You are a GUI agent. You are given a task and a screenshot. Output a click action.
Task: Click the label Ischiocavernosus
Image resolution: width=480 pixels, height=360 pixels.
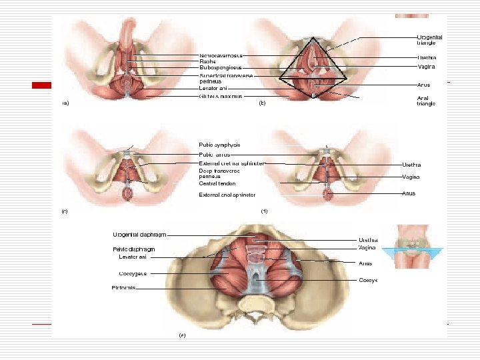pos(221,55)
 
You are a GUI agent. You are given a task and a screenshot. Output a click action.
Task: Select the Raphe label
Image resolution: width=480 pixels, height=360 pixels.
pos(207,61)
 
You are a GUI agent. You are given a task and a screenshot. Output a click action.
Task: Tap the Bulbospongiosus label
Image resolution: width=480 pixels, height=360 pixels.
pos(221,67)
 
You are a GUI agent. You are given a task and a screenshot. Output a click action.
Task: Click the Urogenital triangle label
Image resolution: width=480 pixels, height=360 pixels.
pos(429,40)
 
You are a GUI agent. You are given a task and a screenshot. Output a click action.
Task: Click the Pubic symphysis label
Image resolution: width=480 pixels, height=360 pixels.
pos(219,145)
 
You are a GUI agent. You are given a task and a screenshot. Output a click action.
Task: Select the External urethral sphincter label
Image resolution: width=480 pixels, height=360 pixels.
pos(232,163)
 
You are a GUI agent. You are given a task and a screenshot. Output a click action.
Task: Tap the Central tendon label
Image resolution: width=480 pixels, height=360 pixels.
pos(217,183)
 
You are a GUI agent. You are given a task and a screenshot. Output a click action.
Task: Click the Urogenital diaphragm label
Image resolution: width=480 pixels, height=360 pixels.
pos(139,234)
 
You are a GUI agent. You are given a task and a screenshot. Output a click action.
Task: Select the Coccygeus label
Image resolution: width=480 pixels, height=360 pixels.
pos(133,273)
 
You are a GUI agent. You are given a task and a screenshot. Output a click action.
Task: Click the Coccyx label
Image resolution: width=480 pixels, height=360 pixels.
pos(369,281)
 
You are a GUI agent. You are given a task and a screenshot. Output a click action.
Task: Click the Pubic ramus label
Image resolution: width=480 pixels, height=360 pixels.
pos(214,154)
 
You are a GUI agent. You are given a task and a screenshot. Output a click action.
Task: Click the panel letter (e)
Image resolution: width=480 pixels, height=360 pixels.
pos(181,335)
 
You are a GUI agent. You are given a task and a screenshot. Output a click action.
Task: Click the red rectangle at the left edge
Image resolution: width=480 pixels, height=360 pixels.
pos(43,85)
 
